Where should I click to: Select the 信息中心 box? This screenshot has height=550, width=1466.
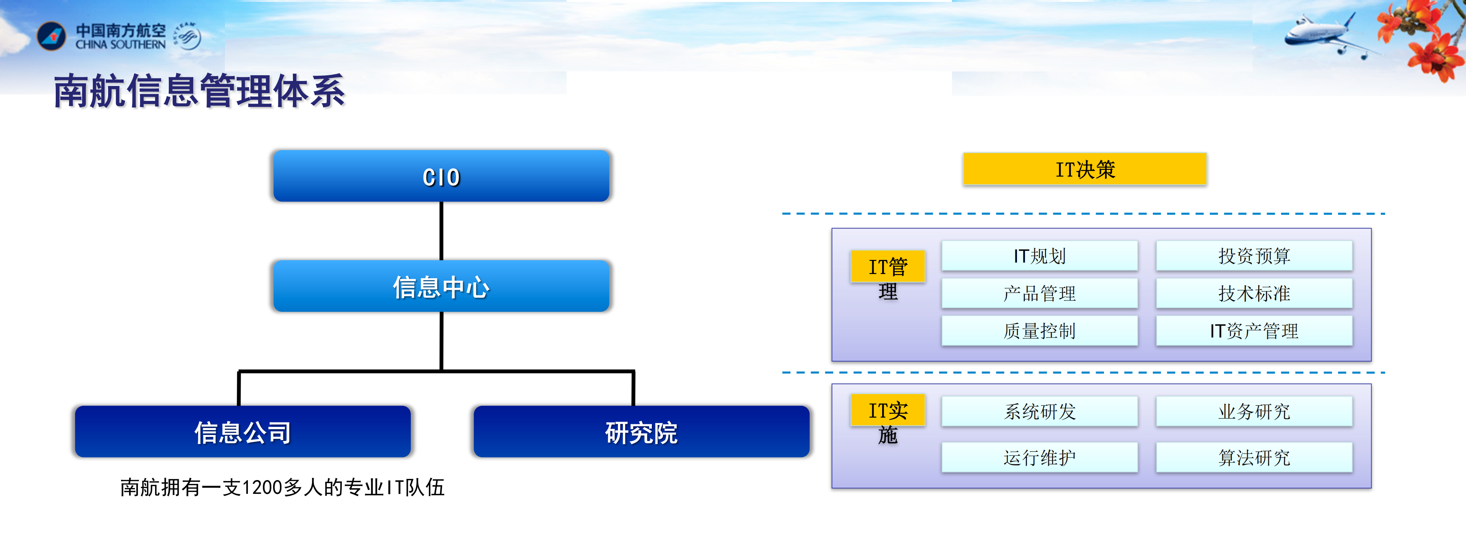[x=441, y=286]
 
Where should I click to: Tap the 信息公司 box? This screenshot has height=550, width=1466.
[x=242, y=432]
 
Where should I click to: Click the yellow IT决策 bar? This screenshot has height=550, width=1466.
[x=1085, y=169]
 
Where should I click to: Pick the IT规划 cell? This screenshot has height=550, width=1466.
[x=1039, y=256]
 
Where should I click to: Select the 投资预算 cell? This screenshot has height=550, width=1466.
[x=1254, y=256]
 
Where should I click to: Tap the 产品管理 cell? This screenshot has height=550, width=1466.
[x=1039, y=293]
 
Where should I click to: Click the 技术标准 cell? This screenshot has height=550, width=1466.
[x=1254, y=293]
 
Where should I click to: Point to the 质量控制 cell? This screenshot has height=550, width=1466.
[x=1039, y=331]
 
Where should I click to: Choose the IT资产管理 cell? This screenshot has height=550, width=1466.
[x=1254, y=331]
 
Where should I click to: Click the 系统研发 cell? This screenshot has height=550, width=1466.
[x=1039, y=411]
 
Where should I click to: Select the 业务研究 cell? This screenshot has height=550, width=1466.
[x=1254, y=411]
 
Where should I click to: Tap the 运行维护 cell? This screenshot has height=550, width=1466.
[x=1039, y=457]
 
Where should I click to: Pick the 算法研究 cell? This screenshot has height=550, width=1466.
[x=1254, y=457]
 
